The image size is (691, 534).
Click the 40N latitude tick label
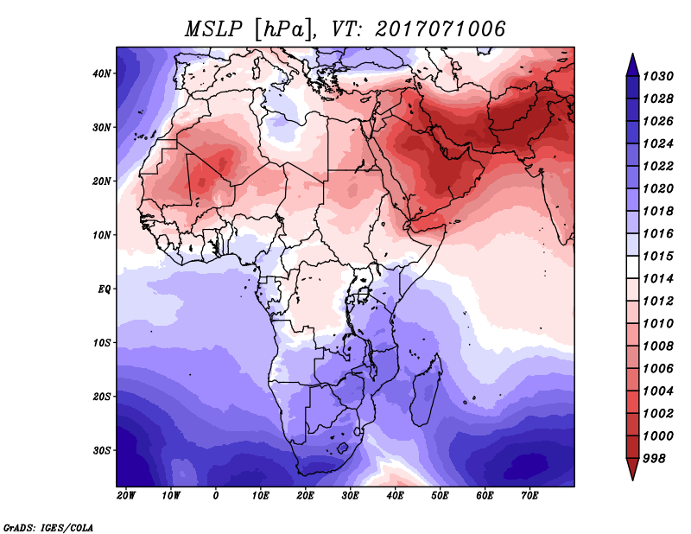(x=103, y=73)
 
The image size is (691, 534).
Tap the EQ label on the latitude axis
(x=105, y=289)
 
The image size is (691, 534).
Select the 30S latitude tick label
(x=103, y=450)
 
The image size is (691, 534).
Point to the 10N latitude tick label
(x=103, y=235)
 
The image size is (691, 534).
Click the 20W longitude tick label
(x=126, y=496)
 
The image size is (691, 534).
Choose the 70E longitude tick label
(x=530, y=496)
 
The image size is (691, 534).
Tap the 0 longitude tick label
(x=216, y=496)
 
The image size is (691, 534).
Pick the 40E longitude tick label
(x=396, y=496)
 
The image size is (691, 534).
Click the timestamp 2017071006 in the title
(x=441, y=29)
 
